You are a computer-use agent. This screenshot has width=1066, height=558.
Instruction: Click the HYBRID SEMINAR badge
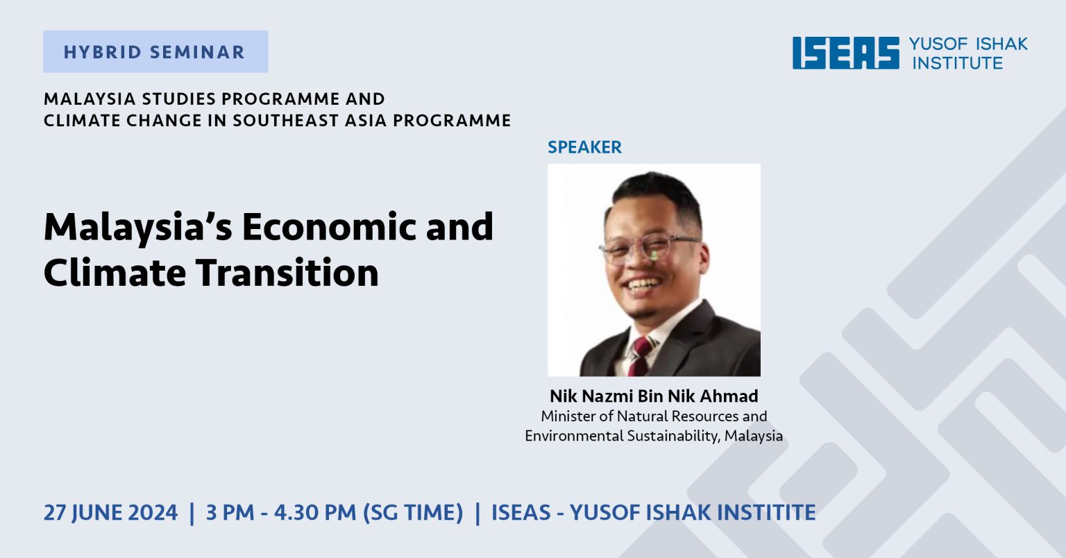[155, 51]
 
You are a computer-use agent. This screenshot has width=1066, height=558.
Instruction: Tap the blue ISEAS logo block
[846, 53]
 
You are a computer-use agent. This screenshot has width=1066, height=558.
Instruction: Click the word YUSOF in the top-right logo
[938, 44]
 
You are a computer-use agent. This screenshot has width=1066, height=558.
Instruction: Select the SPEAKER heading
[584, 147]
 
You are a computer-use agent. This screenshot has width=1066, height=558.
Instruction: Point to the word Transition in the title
[287, 273]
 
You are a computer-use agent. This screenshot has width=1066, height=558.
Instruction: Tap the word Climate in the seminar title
[115, 273]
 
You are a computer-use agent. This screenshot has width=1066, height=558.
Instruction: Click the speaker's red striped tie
[641, 357]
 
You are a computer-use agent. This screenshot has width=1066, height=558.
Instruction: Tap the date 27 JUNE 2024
[111, 513]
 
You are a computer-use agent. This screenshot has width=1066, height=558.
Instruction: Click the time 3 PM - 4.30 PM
[281, 513]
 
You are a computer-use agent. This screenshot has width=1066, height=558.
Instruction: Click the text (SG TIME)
[413, 513]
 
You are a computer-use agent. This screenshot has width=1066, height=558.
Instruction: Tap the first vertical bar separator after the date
[192, 514]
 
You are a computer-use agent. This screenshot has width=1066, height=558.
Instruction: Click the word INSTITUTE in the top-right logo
[958, 63]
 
